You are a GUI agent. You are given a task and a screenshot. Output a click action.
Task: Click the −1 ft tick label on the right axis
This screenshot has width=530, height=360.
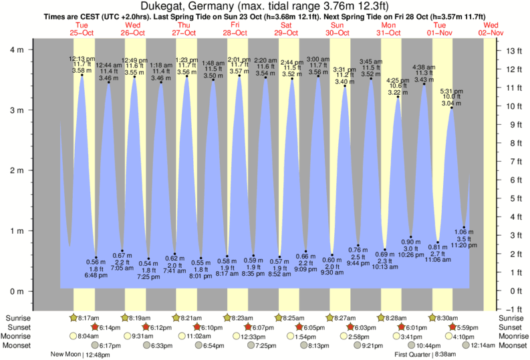coord(513,309)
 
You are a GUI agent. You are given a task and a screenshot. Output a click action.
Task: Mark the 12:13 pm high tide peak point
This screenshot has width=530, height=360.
coord(82,75)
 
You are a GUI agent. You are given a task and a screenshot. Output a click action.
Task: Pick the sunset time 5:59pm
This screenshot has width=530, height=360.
coord(467,327)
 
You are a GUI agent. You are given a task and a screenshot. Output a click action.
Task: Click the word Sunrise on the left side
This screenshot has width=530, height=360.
coord(18,318)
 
